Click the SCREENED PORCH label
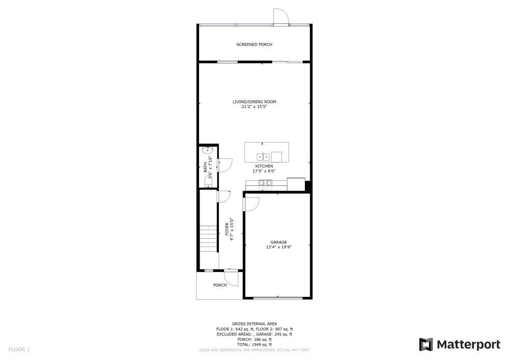[254, 45]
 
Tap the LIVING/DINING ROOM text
[254, 102]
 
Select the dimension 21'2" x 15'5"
[254, 107]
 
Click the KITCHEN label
[264, 167]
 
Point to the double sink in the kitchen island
[263, 156]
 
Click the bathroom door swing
[225, 164]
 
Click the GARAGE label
[278, 242]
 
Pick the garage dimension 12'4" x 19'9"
[278, 247]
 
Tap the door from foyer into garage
[251, 204]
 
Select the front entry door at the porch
[232, 278]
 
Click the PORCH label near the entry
[220, 285]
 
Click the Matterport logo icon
[426, 345]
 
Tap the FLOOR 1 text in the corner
[19, 349]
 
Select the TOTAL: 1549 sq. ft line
[254, 345]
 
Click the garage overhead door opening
[278, 297]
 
